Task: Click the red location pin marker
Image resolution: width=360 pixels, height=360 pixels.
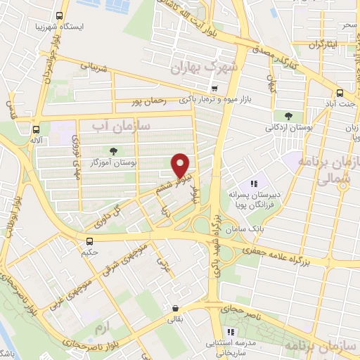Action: tap(181, 165)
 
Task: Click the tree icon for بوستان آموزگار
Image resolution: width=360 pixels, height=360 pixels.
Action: tap(112, 151)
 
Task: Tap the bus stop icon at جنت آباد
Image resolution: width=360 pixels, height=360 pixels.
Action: tap(340, 93)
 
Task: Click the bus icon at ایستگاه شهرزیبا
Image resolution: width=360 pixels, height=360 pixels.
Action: tap(58, 15)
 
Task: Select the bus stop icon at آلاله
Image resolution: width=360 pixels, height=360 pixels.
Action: tap(36, 129)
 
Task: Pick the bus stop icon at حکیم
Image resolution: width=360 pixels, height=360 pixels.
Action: tap(88, 241)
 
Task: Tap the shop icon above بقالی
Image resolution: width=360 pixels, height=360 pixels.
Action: tap(174, 308)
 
